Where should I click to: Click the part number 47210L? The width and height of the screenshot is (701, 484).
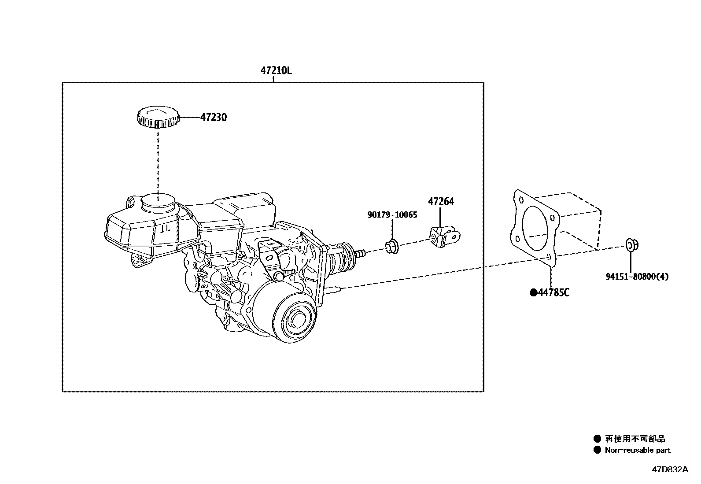276,70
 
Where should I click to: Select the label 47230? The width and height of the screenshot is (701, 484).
214,118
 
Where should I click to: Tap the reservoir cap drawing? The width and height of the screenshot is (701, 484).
158,117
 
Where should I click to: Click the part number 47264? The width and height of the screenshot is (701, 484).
441,202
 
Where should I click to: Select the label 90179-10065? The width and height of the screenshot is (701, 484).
392,215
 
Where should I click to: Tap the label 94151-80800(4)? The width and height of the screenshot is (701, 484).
637,277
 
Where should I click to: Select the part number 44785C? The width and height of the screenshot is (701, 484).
553,292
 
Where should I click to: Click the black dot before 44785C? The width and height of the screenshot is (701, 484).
533,292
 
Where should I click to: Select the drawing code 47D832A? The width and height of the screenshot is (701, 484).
669,469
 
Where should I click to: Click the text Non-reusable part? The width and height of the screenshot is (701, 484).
638,450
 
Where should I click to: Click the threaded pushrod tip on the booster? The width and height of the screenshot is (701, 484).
360,253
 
